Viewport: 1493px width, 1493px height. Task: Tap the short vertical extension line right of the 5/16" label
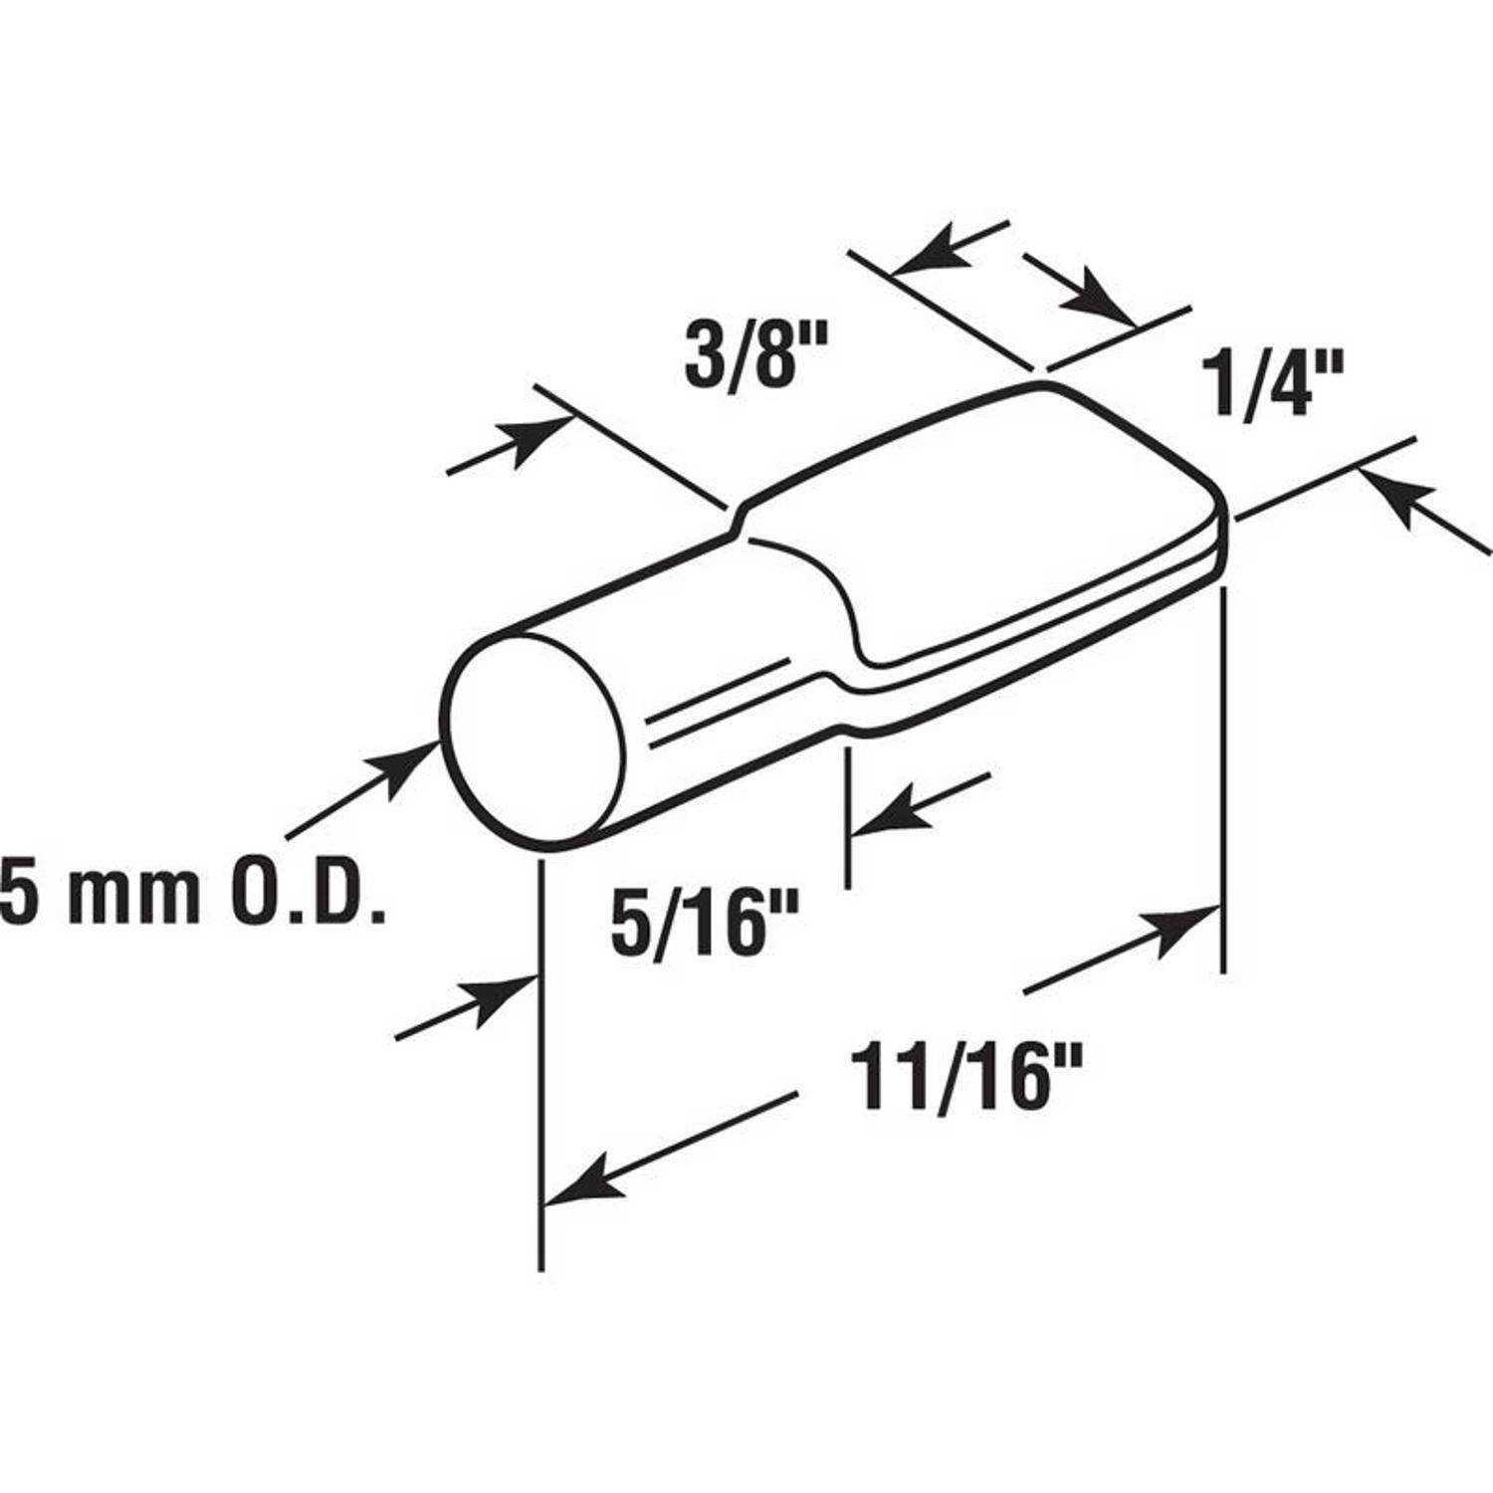(846, 816)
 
